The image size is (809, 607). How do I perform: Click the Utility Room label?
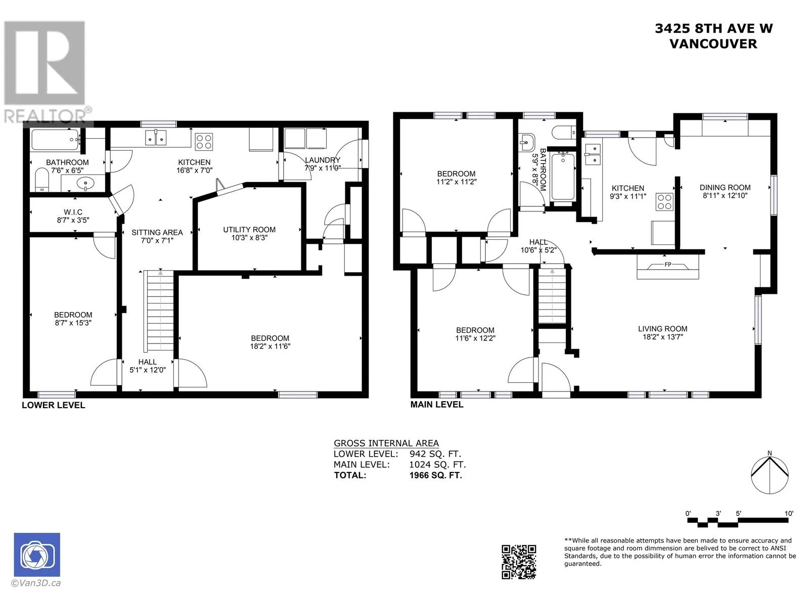tap(249, 230)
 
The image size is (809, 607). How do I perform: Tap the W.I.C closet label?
tap(73, 212)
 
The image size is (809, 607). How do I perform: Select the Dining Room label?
tap(725, 187)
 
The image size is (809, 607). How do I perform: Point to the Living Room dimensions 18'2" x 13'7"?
tap(663, 337)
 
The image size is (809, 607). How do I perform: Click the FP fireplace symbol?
tap(667, 265)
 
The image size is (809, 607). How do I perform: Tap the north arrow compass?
tap(770, 474)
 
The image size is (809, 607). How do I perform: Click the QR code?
tap(519, 561)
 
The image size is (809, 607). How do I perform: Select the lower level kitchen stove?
tap(204, 142)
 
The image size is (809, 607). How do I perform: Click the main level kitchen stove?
tap(664, 202)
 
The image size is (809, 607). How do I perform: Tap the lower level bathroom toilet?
tap(42, 180)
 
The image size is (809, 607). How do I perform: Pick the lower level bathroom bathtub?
tap(55, 140)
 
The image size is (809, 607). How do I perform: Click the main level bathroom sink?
tap(527, 142)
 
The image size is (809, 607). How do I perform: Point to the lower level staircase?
tap(160, 311)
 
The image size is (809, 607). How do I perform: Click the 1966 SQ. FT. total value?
tap(435, 475)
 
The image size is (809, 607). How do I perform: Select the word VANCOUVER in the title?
tap(713, 44)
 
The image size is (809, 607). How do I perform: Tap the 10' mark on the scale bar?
tap(789, 513)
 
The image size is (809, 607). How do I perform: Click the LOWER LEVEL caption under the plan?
tap(54, 405)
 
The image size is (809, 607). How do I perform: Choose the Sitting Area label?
tap(157, 232)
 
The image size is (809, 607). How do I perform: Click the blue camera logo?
tap(37, 555)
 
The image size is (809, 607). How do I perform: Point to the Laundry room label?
tap(323, 160)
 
